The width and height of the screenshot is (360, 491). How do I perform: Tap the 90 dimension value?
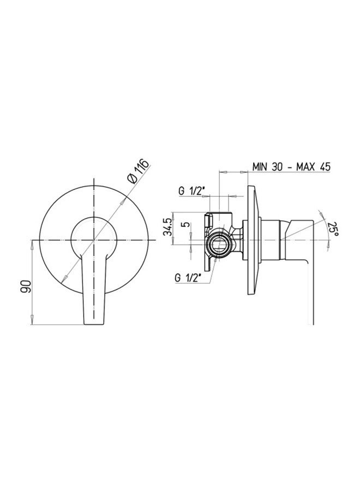point(26,286)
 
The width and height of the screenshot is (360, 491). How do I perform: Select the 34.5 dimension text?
point(167,227)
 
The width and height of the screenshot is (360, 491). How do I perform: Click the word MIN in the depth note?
point(260,166)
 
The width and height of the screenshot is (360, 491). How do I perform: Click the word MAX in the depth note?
point(308,166)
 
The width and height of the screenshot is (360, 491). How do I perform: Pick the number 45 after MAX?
point(325,166)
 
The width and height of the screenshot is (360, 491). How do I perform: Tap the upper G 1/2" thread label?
point(191,191)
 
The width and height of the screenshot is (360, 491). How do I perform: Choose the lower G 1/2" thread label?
point(188,278)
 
